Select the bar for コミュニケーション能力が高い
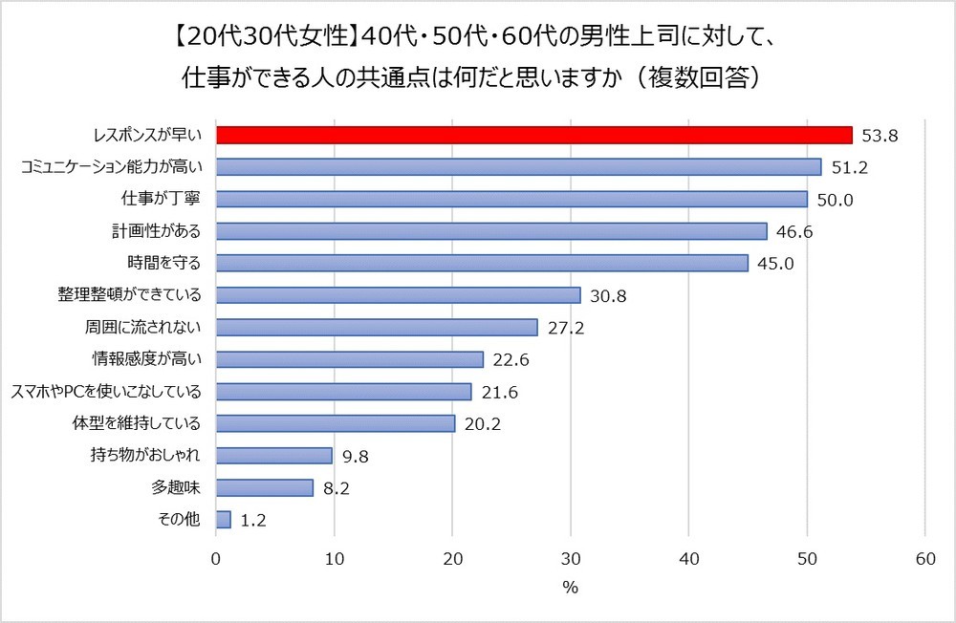518,167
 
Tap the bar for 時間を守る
482,263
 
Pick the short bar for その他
224,519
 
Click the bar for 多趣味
265,487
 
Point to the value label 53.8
880,136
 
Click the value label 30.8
608,295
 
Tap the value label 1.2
252,520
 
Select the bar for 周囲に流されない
377,327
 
